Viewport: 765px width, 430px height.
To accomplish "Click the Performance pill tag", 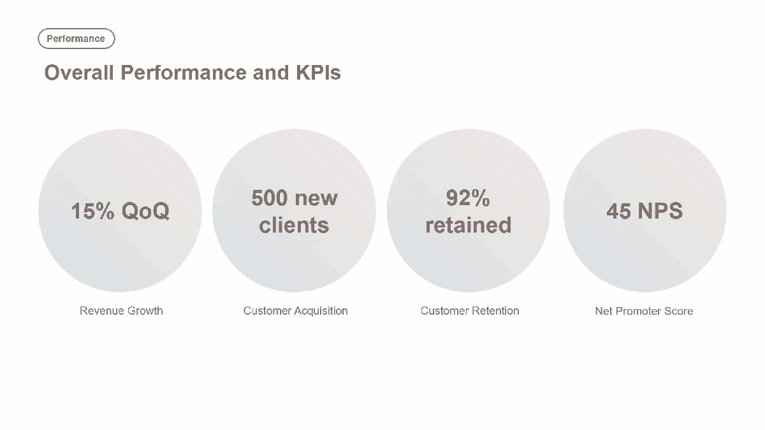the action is click(76, 39).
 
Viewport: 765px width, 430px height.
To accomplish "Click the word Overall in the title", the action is click(79, 73).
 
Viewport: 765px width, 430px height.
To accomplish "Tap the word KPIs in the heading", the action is click(318, 73).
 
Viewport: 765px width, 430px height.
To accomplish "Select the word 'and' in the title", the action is click(271, 73).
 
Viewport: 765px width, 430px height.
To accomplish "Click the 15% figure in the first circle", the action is click(92, 211).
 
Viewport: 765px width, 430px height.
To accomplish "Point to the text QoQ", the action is click(145, 211).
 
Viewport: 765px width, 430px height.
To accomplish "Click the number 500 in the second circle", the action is click(270, 197).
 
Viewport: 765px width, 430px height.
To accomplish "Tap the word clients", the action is click(294, 225).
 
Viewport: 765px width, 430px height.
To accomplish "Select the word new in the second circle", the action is click(316, 199).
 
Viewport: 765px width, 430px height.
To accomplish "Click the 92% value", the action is click(468, 197).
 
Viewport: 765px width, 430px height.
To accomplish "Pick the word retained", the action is click(468, 225).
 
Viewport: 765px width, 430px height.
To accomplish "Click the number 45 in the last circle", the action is click(618, 211).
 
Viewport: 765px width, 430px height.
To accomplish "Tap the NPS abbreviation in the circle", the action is click(660, 211).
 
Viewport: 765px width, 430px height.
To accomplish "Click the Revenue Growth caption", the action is click(121, 311).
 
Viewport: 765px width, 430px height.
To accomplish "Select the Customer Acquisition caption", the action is click(295, 311).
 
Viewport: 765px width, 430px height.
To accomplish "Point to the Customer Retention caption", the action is click(470, 311).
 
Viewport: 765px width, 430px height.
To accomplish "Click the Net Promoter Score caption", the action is click(644, 311).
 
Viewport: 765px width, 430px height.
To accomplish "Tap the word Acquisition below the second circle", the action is click(321, 311).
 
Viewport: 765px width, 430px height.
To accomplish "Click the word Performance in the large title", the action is click(184, 73).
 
